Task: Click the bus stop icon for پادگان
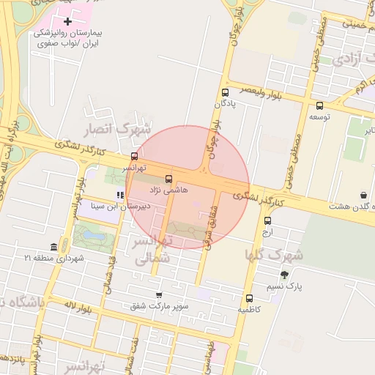[x=225, y=92]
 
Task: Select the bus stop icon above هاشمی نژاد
[x=169, y=178]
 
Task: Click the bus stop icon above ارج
[x=267, y=220]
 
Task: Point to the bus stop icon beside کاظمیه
[x=250, y=298]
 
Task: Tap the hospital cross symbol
[x=68, y=22]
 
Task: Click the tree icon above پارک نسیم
[x=295, y=275]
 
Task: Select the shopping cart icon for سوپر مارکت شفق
[x=158, y=294]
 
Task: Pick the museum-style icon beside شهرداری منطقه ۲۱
[x=53, y=248]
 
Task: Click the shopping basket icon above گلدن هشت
[x=364, y=196]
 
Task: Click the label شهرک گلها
[x=273, y=255]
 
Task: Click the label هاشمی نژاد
[x=169, y=190]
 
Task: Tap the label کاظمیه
[x=249, y=309]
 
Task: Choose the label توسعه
[x=319, y=117]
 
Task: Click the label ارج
[x=267, y=231]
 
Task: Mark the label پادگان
[x=225, y=104]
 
